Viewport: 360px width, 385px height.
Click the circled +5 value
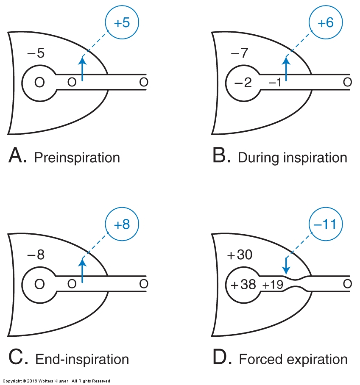pos(122,22)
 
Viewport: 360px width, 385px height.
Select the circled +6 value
pos(326,22)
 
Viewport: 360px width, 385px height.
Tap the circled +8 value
pos(122,224)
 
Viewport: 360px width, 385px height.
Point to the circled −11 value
pos(325,224)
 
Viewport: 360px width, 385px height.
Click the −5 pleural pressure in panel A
pos(36,53)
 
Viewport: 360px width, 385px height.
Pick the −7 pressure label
pos(240,53)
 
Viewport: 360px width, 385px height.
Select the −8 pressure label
pos(36,255)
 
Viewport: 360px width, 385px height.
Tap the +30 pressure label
pos(240,255)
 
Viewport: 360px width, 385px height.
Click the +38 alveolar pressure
pos(243,285)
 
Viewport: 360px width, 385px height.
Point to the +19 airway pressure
pos(273,285)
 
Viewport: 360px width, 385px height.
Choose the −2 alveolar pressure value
pos(243,83)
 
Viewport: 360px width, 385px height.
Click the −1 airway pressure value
pos(275,83)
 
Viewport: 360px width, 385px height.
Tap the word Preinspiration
pos(77,158)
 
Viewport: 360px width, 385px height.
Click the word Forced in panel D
pos(261,360)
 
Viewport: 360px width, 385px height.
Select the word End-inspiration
pos(82,360)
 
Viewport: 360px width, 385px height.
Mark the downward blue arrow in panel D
pos(286,266)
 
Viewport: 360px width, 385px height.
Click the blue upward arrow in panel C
pos(82,270)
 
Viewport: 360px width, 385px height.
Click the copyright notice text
pos(56,381)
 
